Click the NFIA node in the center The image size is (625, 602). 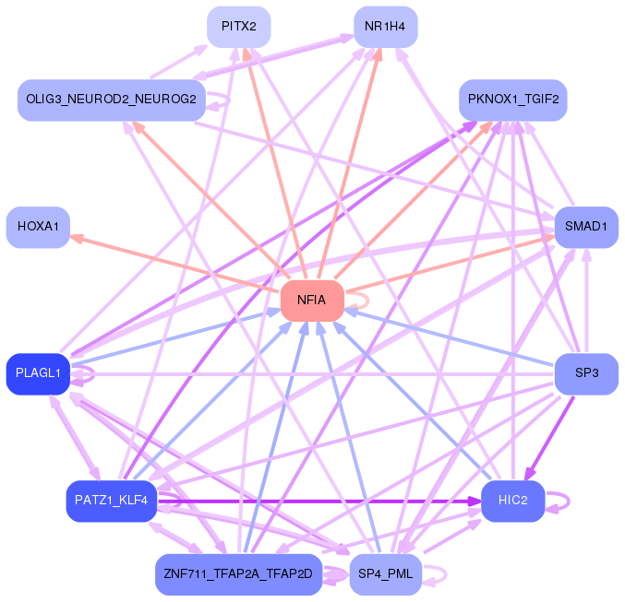pos(312,300)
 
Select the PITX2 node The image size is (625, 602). pos(238,26)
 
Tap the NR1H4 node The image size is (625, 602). pos(385,26)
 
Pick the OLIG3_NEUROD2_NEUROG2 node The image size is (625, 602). pos(111,100)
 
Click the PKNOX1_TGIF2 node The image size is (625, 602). pos(512,100)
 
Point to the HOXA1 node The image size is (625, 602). pos(38,226)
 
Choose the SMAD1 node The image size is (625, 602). pos(585,226)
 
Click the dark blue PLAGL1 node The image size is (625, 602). pos(38,373)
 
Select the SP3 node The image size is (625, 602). pos(585,373)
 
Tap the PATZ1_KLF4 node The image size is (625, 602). pos(111,501)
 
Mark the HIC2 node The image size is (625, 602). pos(512,501)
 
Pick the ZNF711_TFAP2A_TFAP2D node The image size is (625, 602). pos(238,574)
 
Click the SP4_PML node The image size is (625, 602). pos(385,574)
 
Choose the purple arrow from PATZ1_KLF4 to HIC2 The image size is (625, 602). pos(323,501)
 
